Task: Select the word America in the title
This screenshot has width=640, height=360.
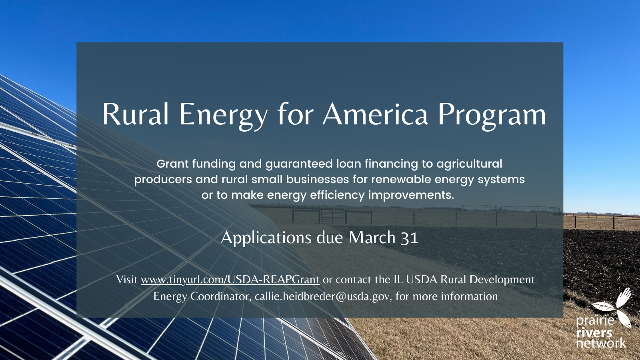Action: coord(375,114)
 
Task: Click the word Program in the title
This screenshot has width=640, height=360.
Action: coord(492,116)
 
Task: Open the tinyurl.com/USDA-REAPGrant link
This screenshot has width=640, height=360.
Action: coord(230,280)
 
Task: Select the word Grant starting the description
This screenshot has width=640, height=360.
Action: coord(172,164)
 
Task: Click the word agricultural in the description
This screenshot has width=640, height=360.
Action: coord(469,164)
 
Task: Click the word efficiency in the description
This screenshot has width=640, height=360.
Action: coord(337,196)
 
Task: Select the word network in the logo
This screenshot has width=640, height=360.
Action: coord(601,343)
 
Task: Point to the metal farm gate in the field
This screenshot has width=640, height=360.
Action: coord(332,216)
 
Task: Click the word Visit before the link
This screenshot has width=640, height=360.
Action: coord(127,280)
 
